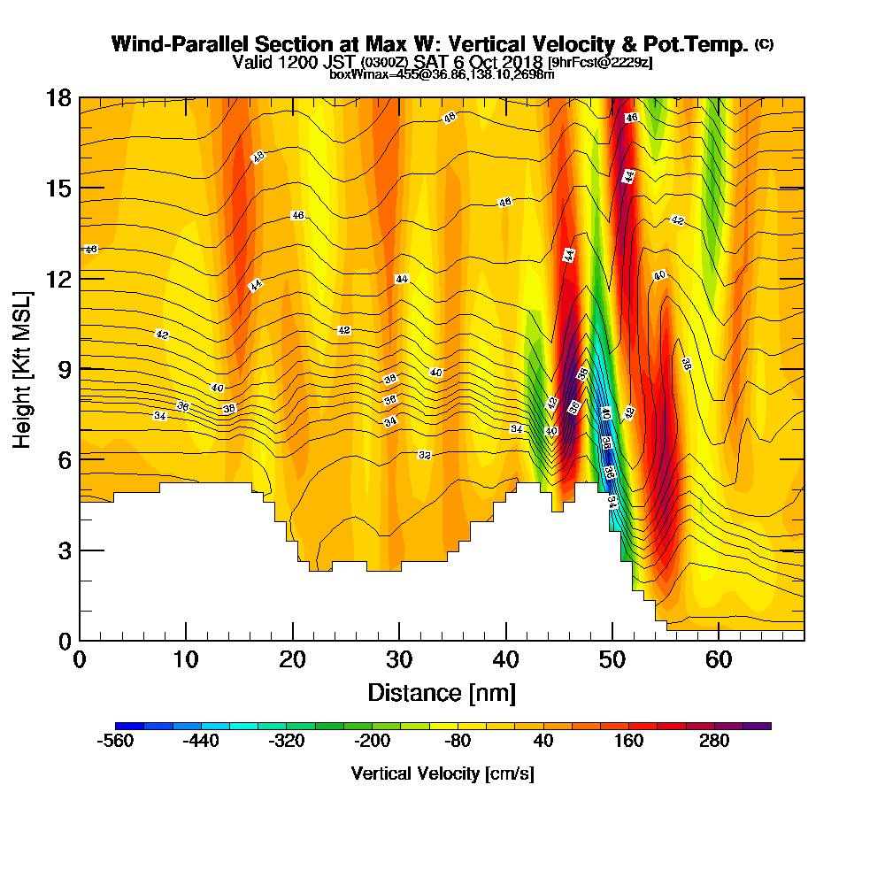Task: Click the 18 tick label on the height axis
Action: click(x=58, y=97)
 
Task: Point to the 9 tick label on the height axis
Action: click(x=65, y=369)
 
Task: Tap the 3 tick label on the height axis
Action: click(x=65, y=550)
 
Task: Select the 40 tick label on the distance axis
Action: click(x=505, y=660)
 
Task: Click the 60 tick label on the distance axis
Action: click(x=719, y=660)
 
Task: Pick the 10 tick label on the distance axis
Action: click(x=186, y=660)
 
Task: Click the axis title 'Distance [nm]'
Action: click(x=442, y=692)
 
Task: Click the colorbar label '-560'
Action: click(x=115, y=742)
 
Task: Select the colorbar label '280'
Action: click(x=714, y=742)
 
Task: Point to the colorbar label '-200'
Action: click(x=372, y=742)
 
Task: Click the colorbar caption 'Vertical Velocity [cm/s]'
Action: click(x=442, y=773)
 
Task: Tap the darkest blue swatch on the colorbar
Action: click(x=122, y=726)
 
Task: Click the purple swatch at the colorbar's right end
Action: click(x=764, y=726)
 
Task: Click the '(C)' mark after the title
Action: click(x=764, y=43)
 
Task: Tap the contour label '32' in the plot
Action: click(x=425, y=455)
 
